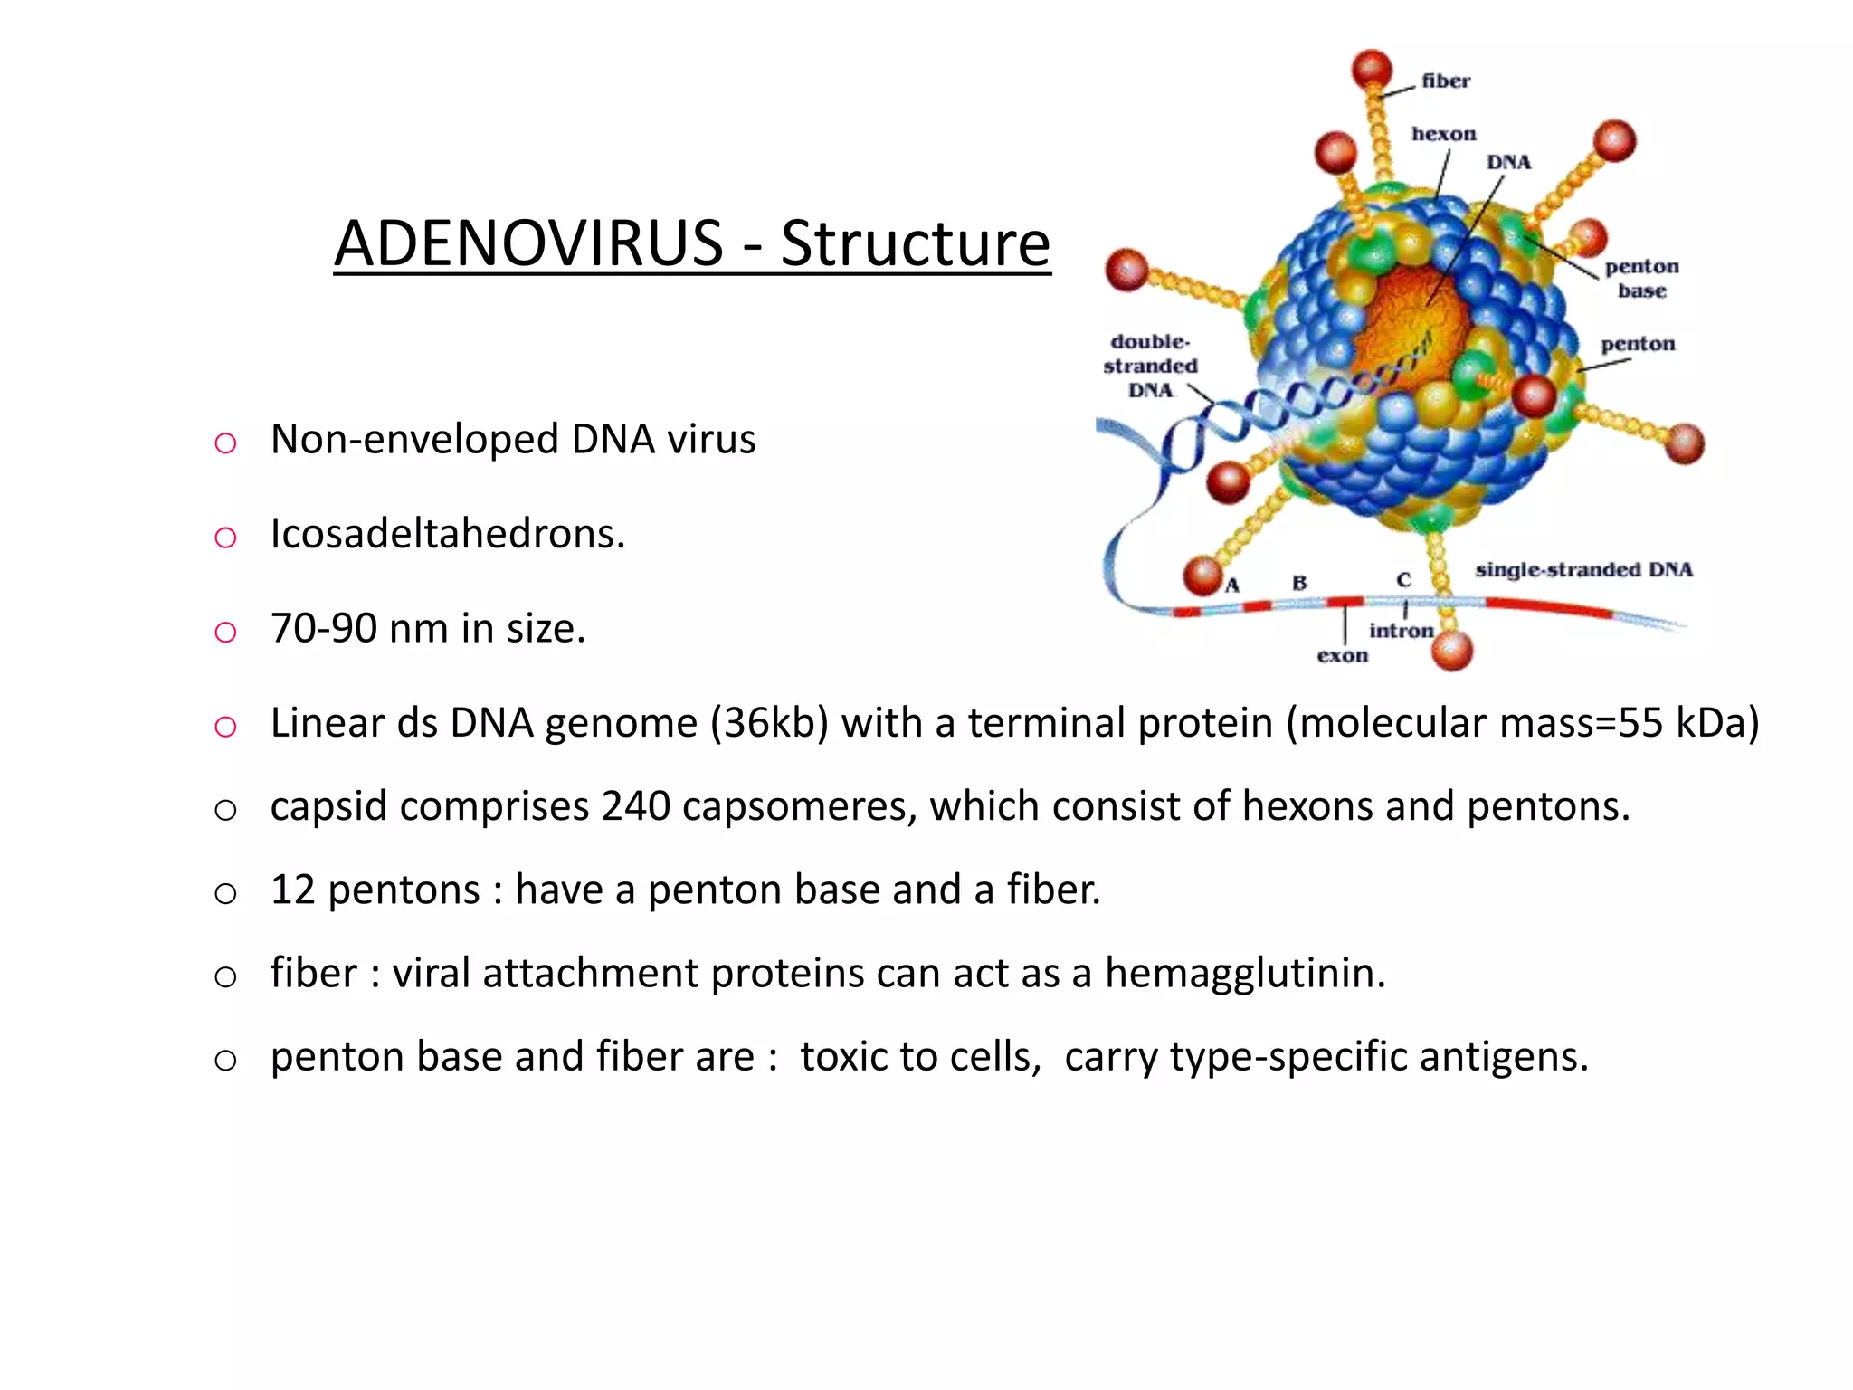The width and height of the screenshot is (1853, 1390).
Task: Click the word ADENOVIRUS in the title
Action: point(528,243)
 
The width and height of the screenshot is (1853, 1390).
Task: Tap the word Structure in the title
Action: point(915,243)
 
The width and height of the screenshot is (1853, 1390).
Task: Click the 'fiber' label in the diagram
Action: point(1445,81)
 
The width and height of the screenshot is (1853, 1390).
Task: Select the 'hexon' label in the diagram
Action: point(1443,134)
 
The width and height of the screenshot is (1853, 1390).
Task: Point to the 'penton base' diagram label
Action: point(1641,278)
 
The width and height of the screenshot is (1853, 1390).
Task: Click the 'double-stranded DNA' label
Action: point(1150,366)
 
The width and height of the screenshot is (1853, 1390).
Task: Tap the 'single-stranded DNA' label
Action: point(1583,569)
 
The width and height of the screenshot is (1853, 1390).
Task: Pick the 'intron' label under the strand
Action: point(1401,631)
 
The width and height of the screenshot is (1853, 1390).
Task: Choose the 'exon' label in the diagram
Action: point(1342,655)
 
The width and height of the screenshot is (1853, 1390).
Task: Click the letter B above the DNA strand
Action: point(1299,583)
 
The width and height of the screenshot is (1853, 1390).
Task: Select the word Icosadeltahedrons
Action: point(447,534)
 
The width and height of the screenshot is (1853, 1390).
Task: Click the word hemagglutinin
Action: point(1244,974)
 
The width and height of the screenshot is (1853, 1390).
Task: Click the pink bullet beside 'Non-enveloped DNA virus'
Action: point(225,443)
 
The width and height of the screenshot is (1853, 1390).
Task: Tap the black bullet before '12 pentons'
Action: point(225,893)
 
